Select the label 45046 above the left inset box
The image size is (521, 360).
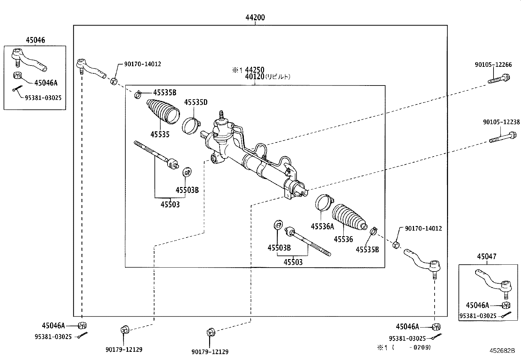click(35, 40)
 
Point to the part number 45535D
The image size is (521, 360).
click(196, 102)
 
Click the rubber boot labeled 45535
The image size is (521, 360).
click(163, 111)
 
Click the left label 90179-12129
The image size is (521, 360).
click(124, 350)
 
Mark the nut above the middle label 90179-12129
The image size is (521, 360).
click(210, 332)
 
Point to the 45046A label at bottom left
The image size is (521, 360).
click(53, 325)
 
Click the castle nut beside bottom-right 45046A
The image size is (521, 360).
click(436, 327)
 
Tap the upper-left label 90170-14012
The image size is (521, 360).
click(142, 64)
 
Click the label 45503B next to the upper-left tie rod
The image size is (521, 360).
click(187, 190)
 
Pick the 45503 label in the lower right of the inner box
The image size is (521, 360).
click(293, 262)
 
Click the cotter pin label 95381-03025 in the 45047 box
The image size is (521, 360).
click(478, 316)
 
